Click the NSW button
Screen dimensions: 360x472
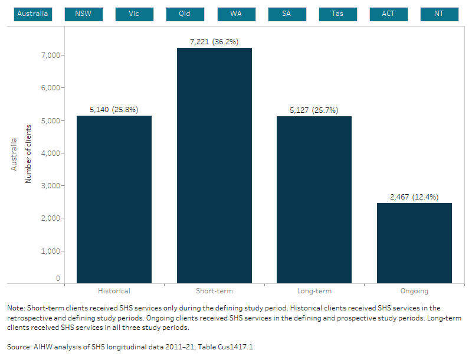click(84, 14)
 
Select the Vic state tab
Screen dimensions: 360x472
click(135, 14)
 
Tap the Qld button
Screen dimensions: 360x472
click(185, 14)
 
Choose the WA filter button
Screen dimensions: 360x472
click(236, 14)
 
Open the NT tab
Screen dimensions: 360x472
click(439, 14)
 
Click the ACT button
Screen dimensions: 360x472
click(388, 14)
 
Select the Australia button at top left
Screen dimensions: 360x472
click(33, 14)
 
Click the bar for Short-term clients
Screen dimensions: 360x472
click(214, 165)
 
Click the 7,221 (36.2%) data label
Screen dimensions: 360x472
click(214, 42)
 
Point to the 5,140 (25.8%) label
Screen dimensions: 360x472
click(114, 110)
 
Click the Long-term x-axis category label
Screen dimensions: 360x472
click(314, 291)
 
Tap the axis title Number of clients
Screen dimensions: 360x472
click(28, 153)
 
